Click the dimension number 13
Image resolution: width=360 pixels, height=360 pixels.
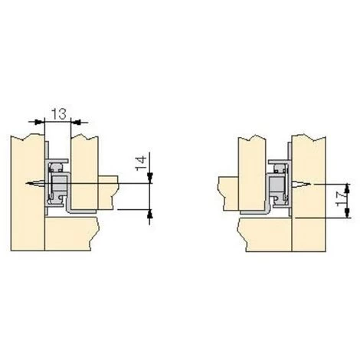[x=59, y=114]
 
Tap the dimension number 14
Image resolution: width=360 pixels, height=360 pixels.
[x=141, y=163]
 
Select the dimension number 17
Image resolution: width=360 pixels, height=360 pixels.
[x=341, y=200]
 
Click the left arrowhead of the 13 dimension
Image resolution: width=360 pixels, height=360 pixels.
[x=39, y=122]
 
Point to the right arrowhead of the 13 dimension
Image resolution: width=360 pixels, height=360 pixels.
[x=76, y=122]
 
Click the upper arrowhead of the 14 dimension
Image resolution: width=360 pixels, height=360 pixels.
[x=149, y=176]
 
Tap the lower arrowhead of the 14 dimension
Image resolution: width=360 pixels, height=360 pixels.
[x=149, y=214]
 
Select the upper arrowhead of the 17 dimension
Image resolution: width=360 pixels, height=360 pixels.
[x=347, y=189]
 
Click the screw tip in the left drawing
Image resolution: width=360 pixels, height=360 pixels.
[x=27, y=183]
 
